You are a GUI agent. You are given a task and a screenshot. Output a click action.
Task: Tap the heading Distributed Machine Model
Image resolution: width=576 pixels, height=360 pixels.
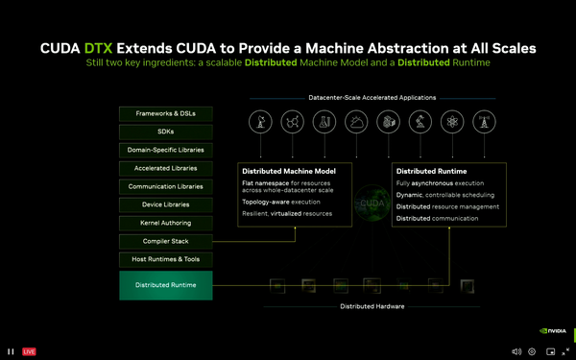[x=282, y=170]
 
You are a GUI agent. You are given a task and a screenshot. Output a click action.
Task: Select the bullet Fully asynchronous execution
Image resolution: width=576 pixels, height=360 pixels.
[x=440, y=182]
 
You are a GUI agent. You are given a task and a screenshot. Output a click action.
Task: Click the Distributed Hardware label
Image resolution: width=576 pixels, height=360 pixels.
[x=372, y=307]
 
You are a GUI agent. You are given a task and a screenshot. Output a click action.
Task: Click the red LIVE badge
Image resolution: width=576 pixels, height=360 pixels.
[x=29, y=351]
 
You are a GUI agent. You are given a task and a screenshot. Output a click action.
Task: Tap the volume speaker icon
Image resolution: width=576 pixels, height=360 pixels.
[x=516, y=351]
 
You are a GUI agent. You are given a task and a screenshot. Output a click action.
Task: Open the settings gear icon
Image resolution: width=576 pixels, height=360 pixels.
[x=532, y=351]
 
